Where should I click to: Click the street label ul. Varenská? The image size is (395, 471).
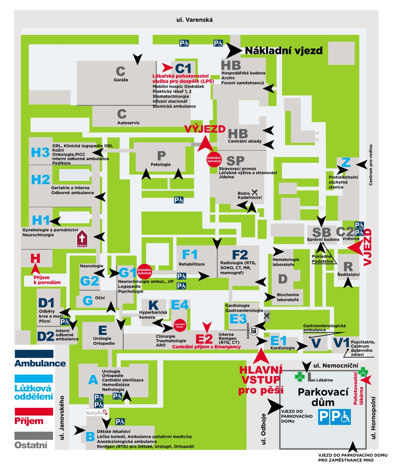195,20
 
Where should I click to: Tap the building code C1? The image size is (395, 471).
183,68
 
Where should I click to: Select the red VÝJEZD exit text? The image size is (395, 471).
205,129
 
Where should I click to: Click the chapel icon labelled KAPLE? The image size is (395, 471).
82,238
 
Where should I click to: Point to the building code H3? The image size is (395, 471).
40,153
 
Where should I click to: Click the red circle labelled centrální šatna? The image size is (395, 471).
180,325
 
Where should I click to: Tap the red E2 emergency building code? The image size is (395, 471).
204,339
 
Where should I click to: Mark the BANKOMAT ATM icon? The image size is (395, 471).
253,330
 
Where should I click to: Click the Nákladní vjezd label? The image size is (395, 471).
284,51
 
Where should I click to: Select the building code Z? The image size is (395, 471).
346,162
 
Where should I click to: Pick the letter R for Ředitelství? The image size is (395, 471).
348,266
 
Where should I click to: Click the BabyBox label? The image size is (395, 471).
97,412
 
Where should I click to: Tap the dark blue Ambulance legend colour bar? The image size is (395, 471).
34,354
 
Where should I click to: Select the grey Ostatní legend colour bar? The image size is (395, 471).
34,435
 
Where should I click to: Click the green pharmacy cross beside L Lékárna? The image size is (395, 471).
300,377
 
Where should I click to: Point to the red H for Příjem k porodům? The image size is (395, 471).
35,259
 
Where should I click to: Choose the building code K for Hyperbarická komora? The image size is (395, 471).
153,305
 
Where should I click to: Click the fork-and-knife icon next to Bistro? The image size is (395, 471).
255,192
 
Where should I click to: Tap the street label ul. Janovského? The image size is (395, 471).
62,418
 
